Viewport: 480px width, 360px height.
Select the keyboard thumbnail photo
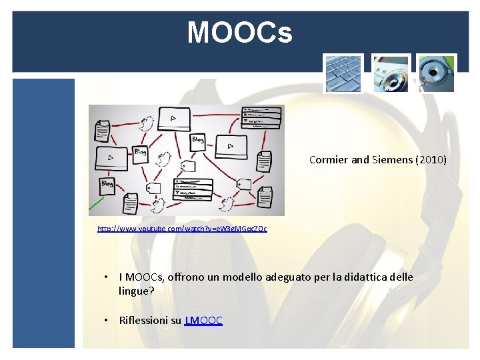point(343,73)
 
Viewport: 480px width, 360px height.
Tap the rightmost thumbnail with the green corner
point(437,73)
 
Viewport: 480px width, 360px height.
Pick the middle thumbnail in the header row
point(391,73)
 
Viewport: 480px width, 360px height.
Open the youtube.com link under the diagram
point(182,229)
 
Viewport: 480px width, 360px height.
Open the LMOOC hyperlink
point(203,320)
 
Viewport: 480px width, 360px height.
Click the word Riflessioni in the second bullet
point(143,320)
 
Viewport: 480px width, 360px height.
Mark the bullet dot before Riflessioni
point(105,320)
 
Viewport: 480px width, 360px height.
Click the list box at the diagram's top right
point(261,117)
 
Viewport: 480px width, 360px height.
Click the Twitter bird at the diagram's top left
point(146,123)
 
